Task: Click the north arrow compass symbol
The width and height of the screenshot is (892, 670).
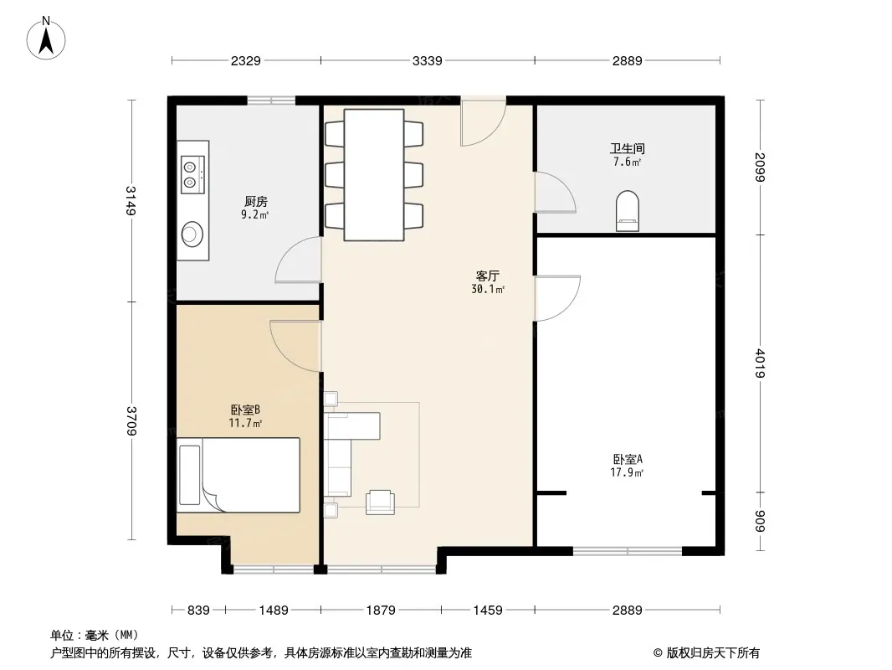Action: click(46, 38)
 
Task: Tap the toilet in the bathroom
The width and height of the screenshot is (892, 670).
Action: click(628, 210)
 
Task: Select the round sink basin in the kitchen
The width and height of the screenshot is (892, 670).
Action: click(192, 234)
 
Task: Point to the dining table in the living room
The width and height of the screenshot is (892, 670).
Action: click(374, 175)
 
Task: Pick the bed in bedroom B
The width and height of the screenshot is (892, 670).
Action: click(238, 476)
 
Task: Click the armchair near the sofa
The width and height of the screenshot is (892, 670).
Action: click(380, 502)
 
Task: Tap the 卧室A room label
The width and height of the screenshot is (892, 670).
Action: click(627, 459)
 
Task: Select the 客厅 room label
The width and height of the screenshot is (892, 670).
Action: click(488, 276)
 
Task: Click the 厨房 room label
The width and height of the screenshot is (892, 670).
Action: click(255, 202)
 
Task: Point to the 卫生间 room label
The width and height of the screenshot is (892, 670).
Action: click(627, 148)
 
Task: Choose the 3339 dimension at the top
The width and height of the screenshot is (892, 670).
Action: click(427, 60)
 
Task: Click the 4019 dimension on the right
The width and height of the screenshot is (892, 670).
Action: click(761, 363)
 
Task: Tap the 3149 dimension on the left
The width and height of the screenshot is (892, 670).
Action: click(131, 200)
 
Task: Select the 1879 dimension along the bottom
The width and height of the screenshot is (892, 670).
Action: click(381, 611)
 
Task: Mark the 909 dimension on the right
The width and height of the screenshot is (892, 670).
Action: click(761, 522)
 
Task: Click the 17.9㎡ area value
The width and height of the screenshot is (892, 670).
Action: click(627, 472)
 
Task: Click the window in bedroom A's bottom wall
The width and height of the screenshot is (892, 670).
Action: click(628, 551)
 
